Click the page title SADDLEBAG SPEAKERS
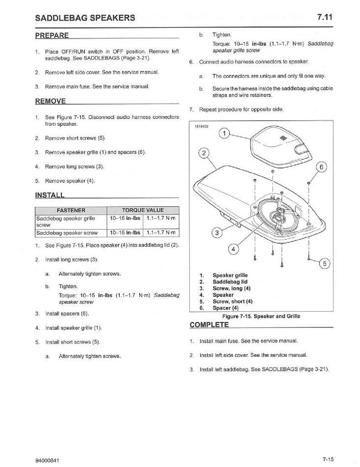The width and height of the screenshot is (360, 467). (85, 18)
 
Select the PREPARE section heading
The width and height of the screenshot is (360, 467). (52, 36)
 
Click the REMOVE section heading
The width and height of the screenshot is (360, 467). (50, 101)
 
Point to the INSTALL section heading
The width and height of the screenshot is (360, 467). (50, 195)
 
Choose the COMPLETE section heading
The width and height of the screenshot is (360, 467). (209, 325)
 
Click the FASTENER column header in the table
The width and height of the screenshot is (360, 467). (72, 210)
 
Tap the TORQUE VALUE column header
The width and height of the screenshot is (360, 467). (143, 210)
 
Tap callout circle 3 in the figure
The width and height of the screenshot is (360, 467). (216, 233)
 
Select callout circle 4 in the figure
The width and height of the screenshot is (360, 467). (234, 249)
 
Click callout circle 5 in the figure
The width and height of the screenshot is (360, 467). (324, 263)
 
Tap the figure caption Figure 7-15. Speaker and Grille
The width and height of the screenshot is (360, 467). (261, 316)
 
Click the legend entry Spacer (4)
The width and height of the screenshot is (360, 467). (227, 308)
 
